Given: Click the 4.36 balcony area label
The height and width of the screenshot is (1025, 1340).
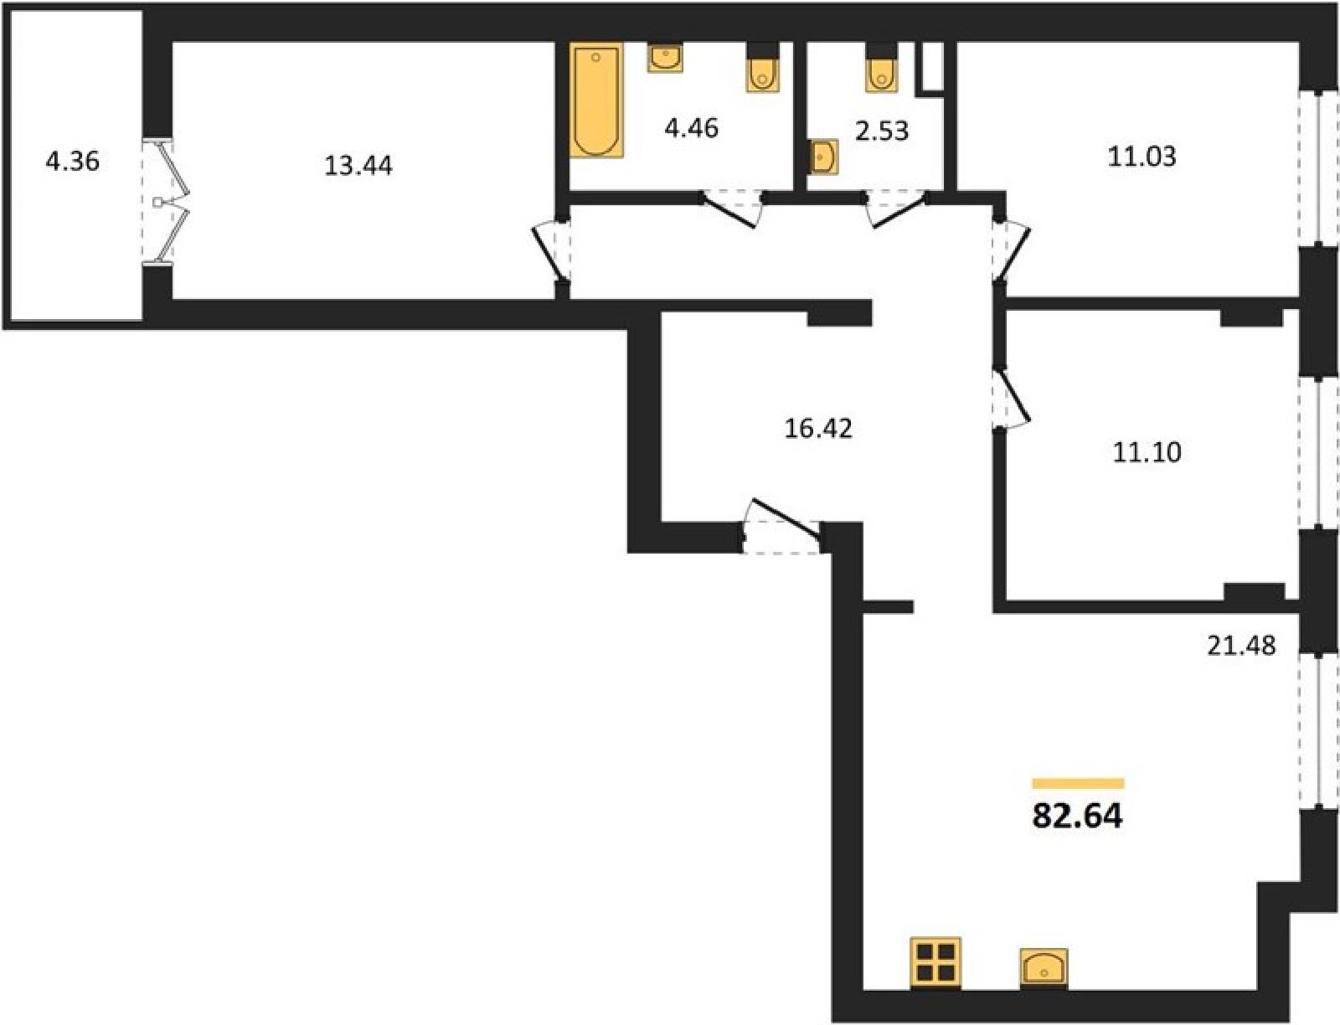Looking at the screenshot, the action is pyautogui.click(x=73, y=162).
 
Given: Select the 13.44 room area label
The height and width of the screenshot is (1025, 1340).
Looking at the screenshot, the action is pyautogui.click(x=358, y=166).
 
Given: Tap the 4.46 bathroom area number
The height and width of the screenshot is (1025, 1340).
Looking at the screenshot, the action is pyautogui.click(x=692, y=128).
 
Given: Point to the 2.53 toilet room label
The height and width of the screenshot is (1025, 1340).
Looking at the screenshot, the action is pyautogui.click(x=882, y=131).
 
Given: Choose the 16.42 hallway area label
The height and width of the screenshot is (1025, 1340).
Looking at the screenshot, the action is pyautogui.click(x=818, y=429).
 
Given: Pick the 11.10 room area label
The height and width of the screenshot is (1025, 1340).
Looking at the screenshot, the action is pyautogui.click(x=1147, y=452).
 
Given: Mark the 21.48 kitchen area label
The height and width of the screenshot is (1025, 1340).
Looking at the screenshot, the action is pyautogui.click(x=1241, y=646).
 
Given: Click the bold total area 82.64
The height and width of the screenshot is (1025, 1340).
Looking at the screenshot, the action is pyautogui.click(x=1078, y=816).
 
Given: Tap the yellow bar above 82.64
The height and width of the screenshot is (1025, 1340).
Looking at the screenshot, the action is pyautogui.click(x=1078, y=784).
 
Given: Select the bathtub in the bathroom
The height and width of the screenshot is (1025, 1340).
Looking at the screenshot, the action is pyautogui.click(x=597, y=100).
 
